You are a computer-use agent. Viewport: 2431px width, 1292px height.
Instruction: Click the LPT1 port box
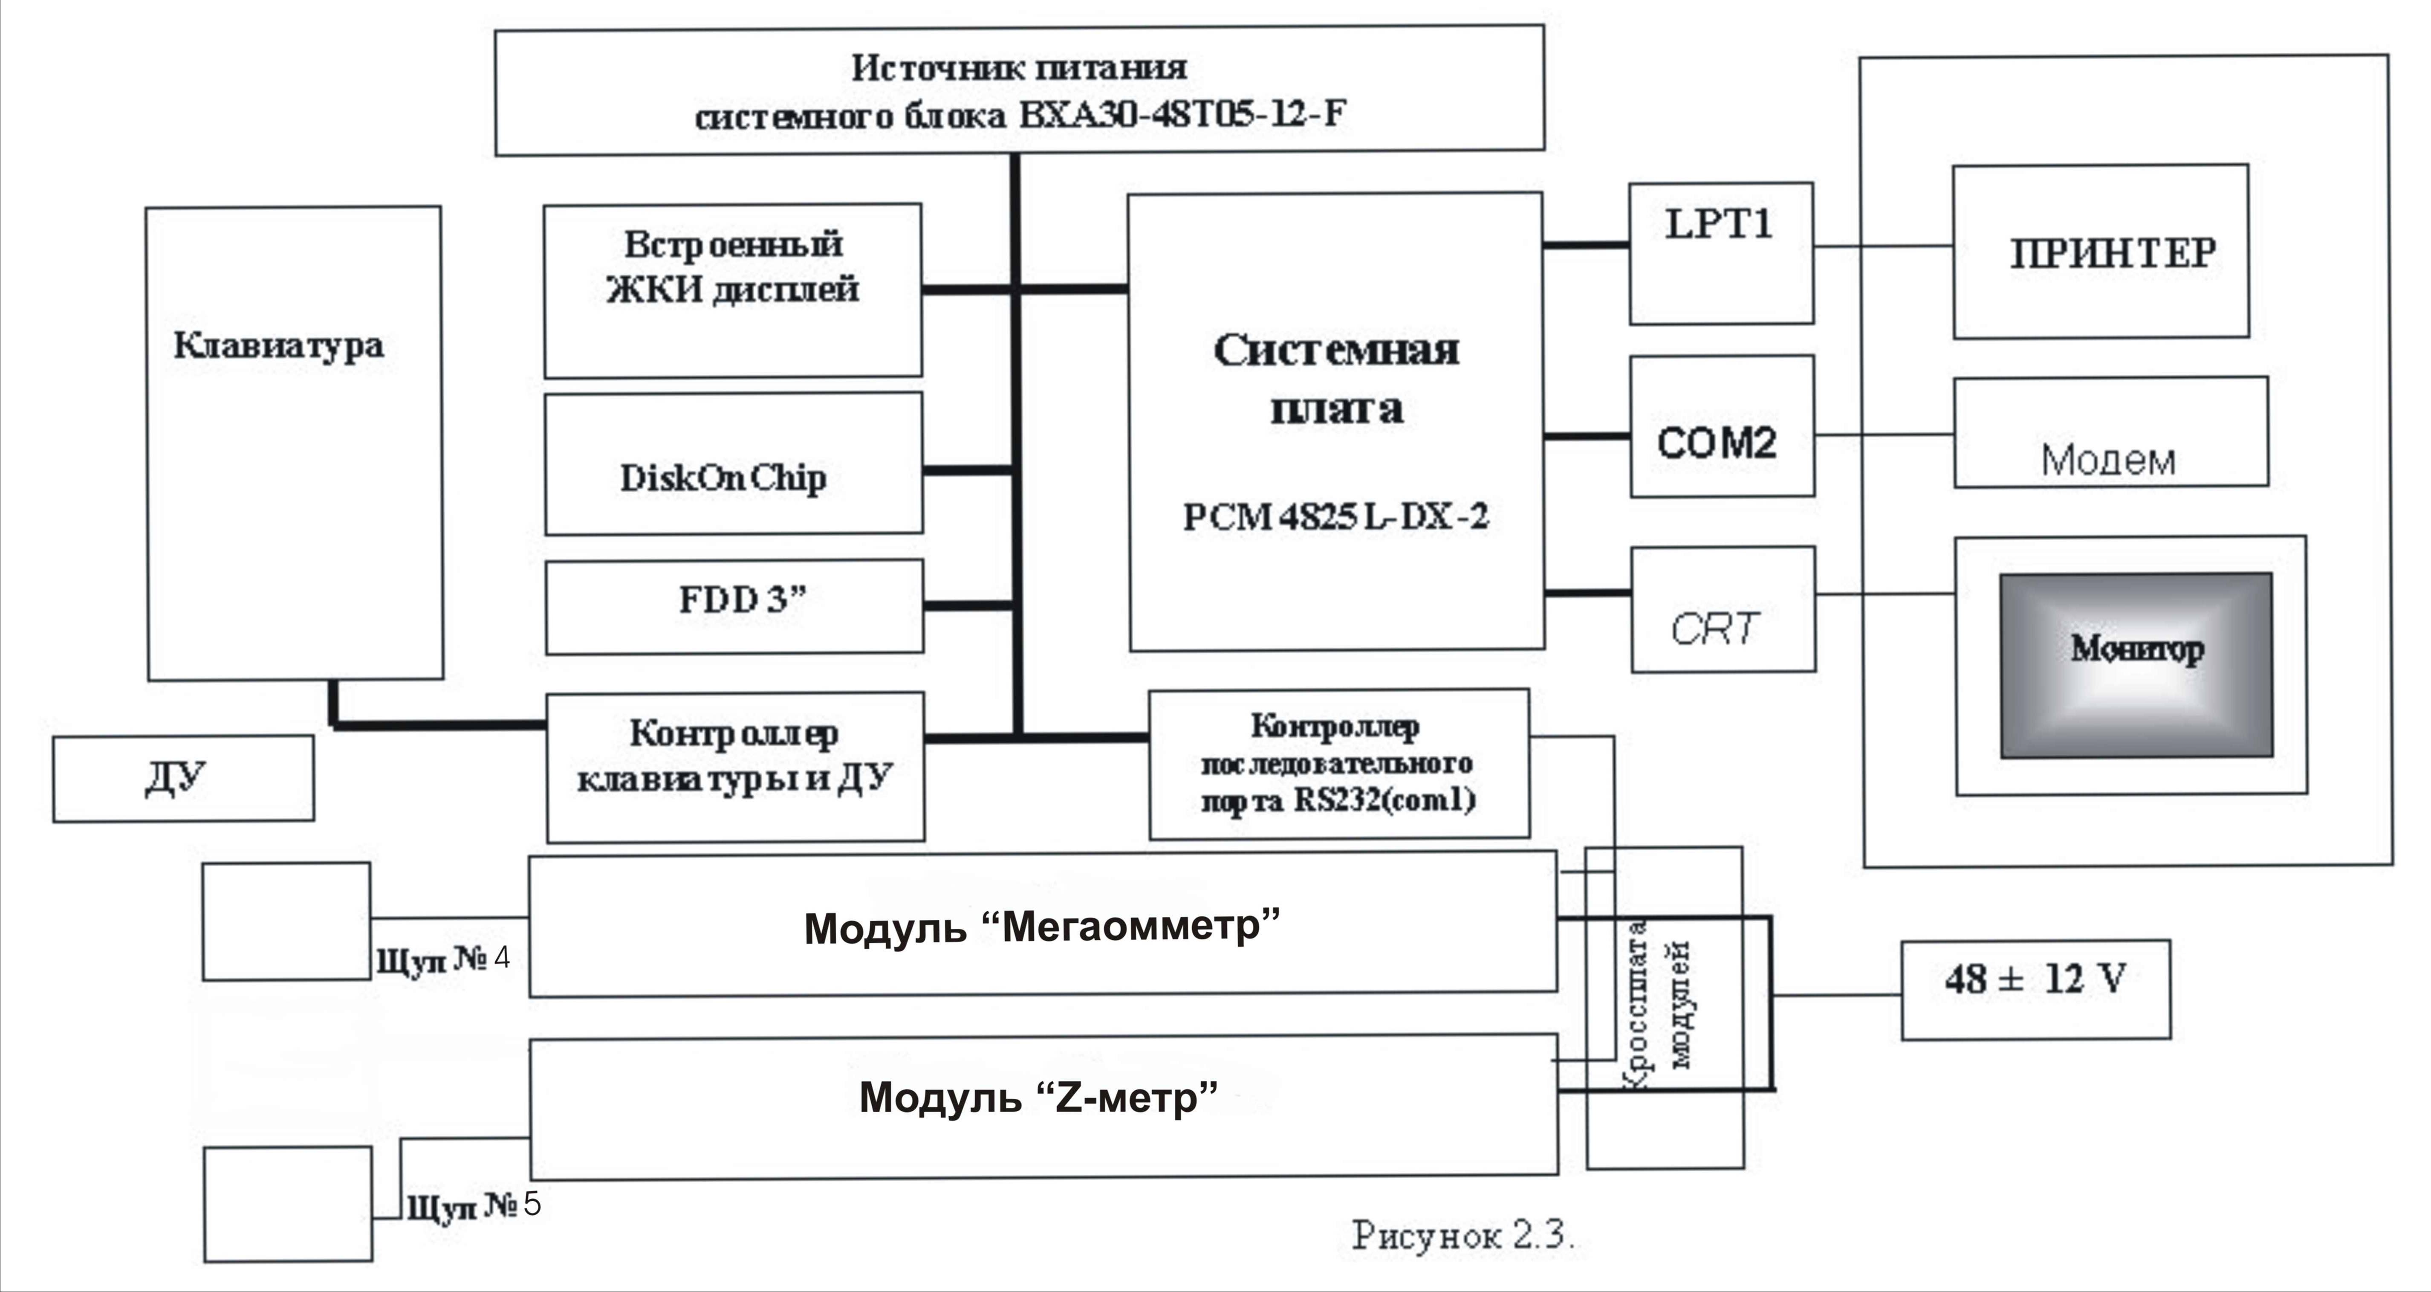click(x=1720, y=253)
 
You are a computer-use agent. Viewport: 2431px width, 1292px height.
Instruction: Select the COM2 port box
click(x=1721, y=426)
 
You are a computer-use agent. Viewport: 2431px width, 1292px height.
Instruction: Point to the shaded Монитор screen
click(x=2136, y=664)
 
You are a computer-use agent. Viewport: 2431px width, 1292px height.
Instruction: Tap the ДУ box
click(x=183, y=779)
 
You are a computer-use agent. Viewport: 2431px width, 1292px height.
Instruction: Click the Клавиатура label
click(x=278, y=345)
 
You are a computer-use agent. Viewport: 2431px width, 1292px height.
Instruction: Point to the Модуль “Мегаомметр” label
click(x=1042, y=927)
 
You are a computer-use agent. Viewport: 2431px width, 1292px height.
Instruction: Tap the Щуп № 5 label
click(x=474, y=1206)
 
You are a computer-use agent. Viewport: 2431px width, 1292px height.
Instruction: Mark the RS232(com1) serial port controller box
click(x=1338, y=764)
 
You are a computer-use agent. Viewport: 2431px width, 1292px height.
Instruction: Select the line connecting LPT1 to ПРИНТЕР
click(x=1883, y=246)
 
